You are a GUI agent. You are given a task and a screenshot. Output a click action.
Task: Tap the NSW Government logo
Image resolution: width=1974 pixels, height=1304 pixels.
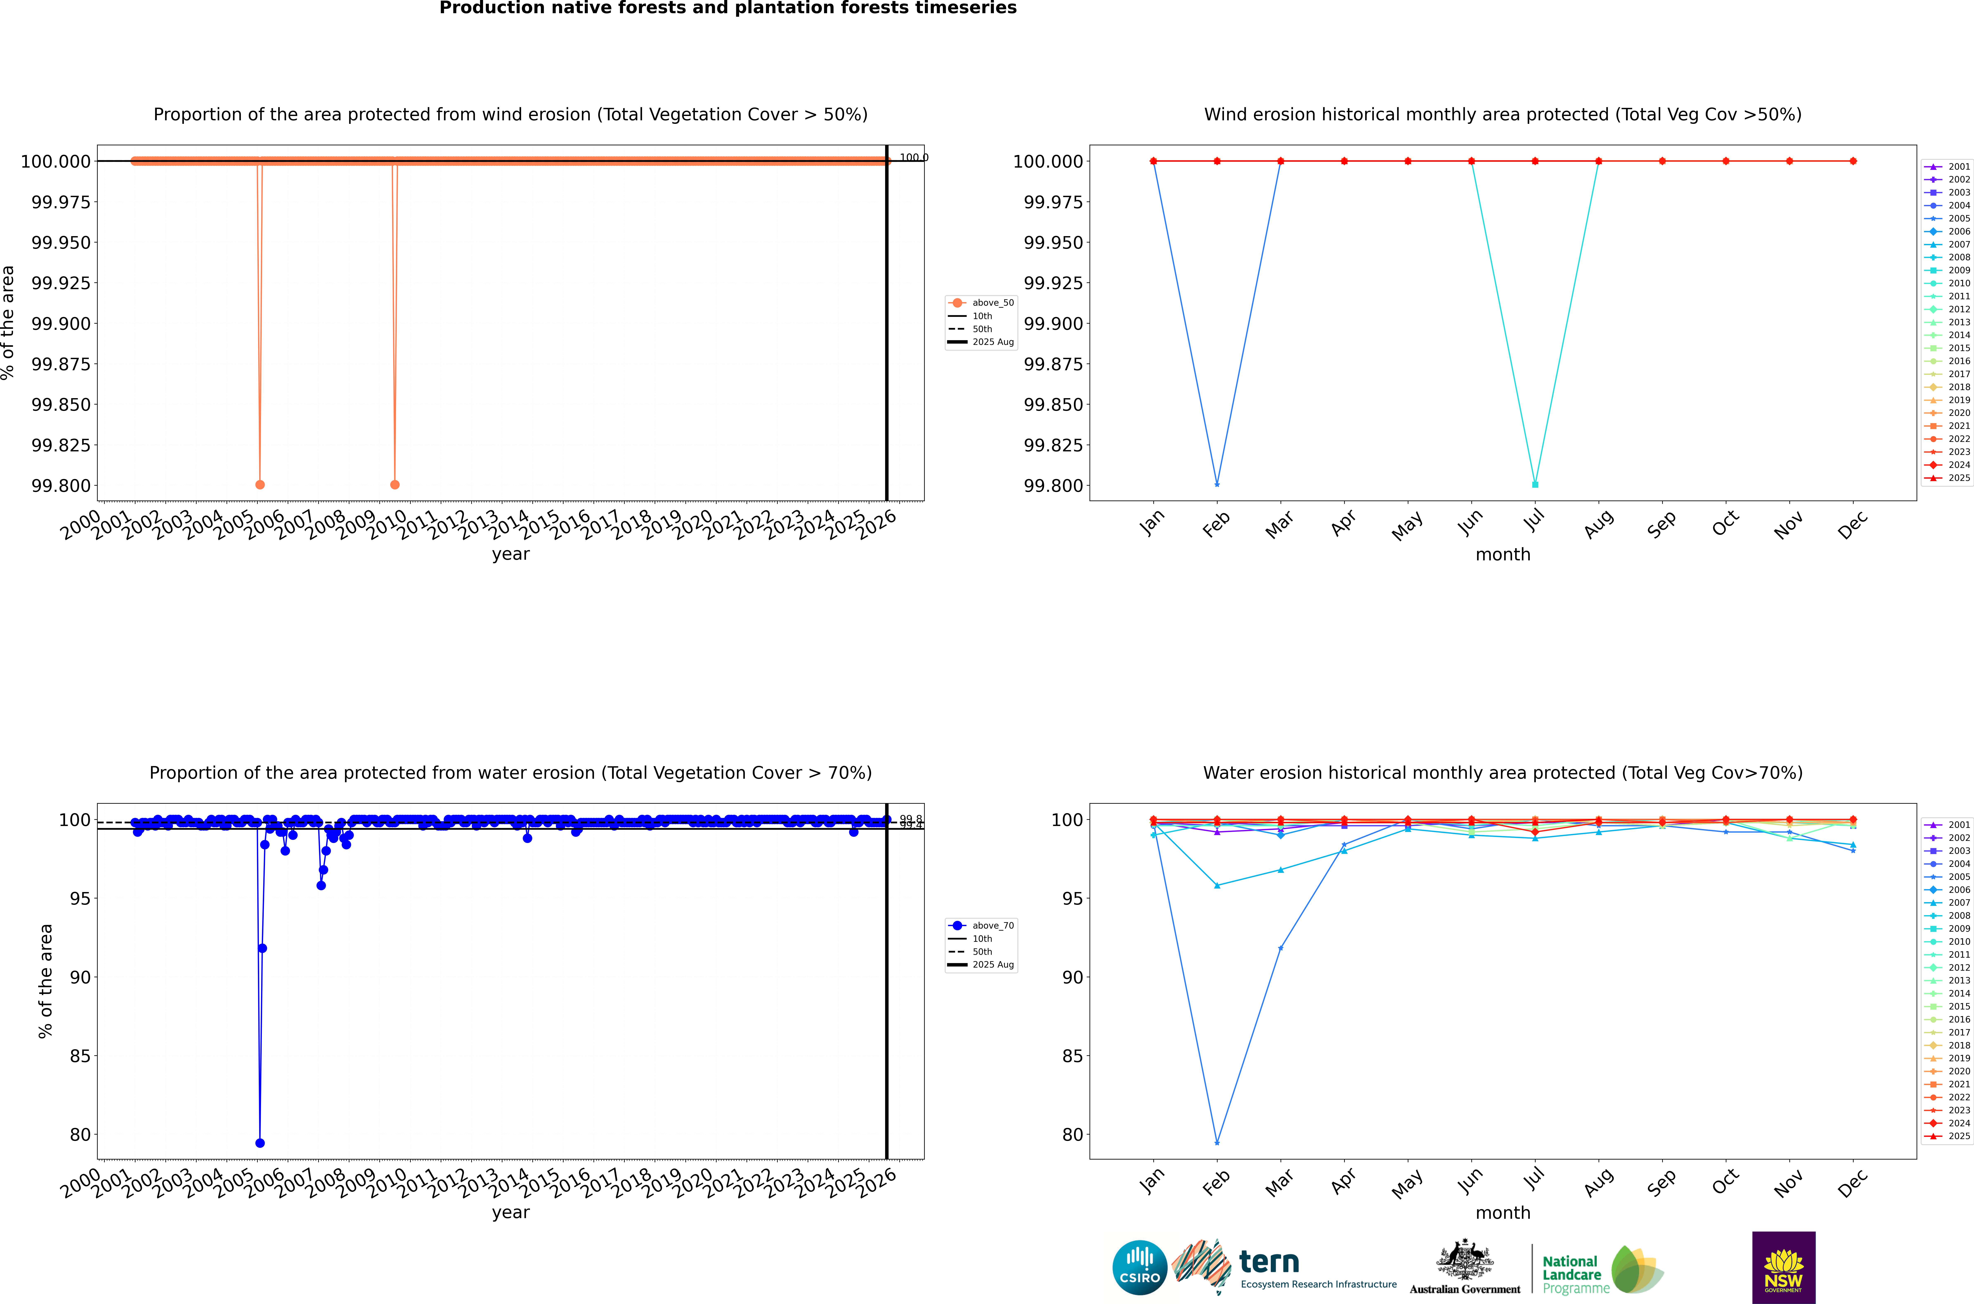pos(1784,1267)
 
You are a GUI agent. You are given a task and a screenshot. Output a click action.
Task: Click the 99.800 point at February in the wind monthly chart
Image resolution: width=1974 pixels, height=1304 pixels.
pos(1217,484)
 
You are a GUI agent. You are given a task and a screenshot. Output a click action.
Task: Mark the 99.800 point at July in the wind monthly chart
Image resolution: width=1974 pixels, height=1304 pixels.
pos(1535,484)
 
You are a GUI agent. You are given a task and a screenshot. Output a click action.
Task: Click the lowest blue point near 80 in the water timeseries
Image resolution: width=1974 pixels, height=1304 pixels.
pos(260,1143)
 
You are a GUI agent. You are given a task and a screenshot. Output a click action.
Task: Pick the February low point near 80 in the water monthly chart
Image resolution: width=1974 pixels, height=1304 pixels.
pos(1217,1143)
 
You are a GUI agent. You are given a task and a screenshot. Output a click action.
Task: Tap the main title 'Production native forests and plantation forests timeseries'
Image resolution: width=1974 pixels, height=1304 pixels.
pos(728,8)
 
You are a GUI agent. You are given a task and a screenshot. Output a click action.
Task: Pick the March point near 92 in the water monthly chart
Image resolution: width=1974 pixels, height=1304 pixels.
pos(1280,948)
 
